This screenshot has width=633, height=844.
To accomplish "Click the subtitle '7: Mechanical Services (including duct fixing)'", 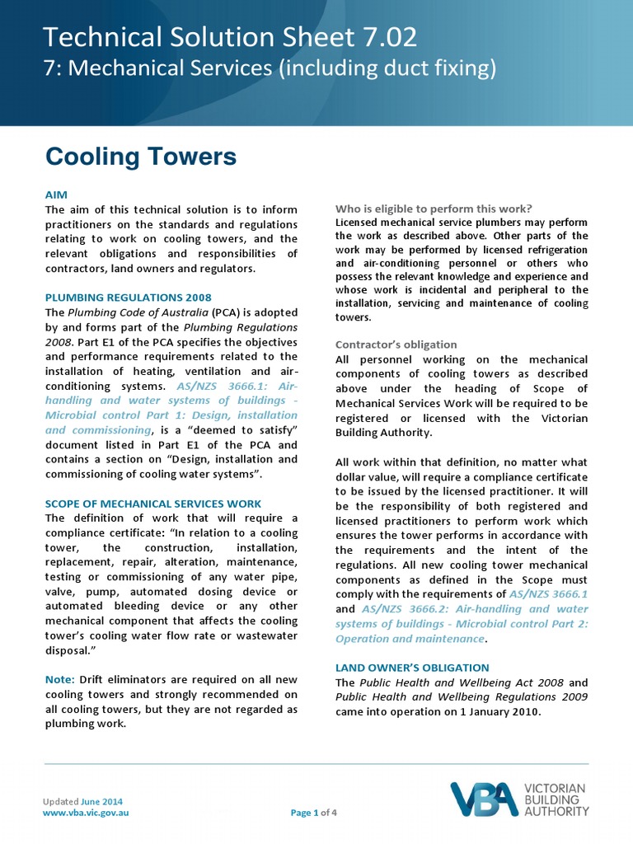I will click(x=270, y=69).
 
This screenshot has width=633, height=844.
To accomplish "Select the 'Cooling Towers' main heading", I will click(x=141, y=156).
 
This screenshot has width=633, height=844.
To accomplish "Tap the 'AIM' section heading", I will click(x=56, y=195).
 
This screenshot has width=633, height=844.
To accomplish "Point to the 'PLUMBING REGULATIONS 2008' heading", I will click(x=128, y=298).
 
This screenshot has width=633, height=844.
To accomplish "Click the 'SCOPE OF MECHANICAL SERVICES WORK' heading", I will click(x=153, y=503).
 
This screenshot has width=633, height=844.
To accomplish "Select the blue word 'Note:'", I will click(x=60, y=679).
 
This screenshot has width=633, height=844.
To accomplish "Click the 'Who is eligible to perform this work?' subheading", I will click(x=434, y=208).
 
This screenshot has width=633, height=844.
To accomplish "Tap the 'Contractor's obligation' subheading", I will click(x=396, y=345).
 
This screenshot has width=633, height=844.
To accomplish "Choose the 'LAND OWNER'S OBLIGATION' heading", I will click(x=412, y=668).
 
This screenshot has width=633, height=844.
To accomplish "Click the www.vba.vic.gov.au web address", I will click(x=86, y=813).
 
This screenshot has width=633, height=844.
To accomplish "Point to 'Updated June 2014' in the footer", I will click(x=82, y=801).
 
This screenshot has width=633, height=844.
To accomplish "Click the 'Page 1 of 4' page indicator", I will click(x=314, y=813).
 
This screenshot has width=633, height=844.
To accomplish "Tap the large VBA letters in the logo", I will click(x=484, y=799).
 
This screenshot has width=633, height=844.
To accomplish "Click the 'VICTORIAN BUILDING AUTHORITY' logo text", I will click(x=556, y=799).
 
